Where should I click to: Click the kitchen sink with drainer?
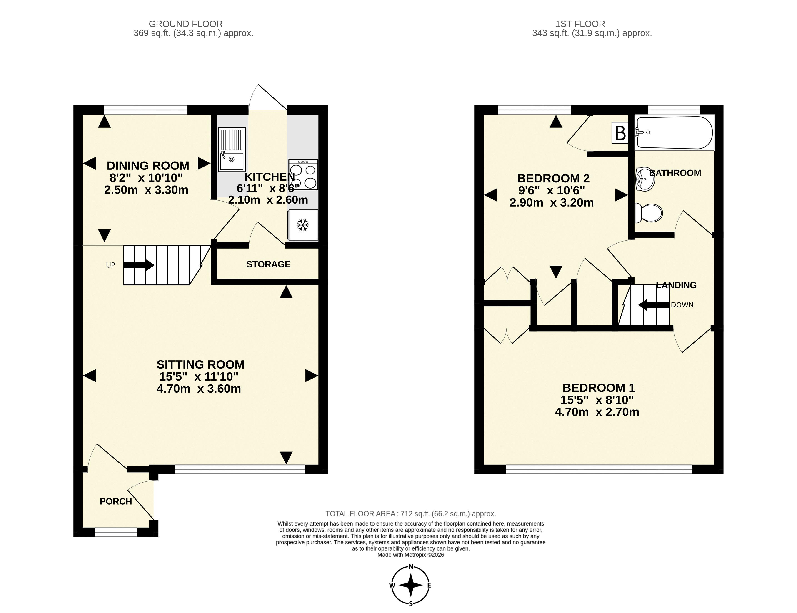pos(232,149)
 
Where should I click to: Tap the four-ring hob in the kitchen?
pos(303,174)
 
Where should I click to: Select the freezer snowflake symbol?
pos(302,225)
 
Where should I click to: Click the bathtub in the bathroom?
pos(674,133)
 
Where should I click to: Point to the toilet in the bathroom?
pos(648,213)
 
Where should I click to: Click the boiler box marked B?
pos(620,133)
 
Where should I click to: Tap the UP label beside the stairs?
pos(111,265)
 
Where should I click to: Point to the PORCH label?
pos(116,501)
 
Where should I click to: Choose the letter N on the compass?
pos(411,567)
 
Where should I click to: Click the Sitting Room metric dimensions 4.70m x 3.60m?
pos(199,389)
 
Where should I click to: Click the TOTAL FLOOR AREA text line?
pos(410,514)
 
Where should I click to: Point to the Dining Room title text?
pos(148,166)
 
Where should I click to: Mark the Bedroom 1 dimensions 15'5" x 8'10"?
pos(597,400)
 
